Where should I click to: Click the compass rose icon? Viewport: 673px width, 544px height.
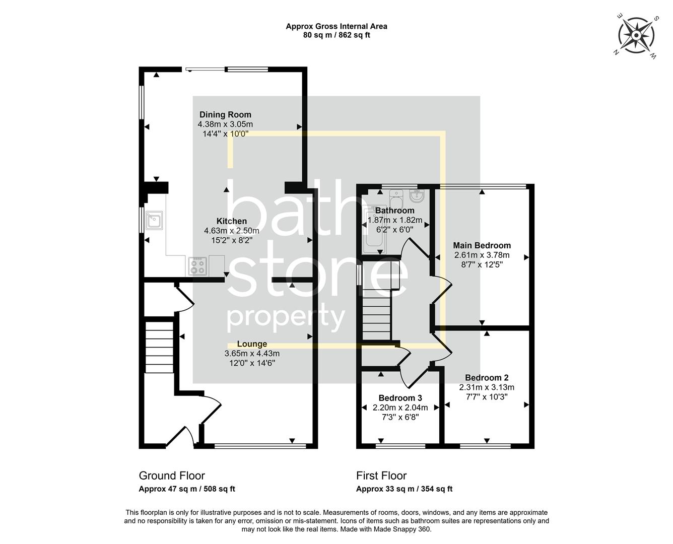click(x=636, y=36)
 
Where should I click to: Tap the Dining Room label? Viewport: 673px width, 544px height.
click(x=225, y=114)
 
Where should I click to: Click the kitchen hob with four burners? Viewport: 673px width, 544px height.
click(x=197, y=266)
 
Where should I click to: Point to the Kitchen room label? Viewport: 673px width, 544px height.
click(x=232, y=221)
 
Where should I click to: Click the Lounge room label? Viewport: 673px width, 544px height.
click(x=252, y=344)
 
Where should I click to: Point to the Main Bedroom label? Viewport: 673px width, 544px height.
click(x=482, y=246)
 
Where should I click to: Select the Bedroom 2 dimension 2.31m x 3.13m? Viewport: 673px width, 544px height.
click(x=487, y=387)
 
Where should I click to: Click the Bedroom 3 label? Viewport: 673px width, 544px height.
click(x=400, y=398)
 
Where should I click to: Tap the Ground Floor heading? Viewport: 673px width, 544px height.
click(x=172, y=475)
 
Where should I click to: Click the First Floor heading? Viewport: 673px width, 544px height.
click(x=381, y=475)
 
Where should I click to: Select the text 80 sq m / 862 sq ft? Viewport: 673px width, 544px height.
click(x=336, y=35)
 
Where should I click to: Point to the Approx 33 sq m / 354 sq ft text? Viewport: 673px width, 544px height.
click(x=405, y=489)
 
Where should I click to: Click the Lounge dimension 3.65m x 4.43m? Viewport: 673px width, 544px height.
click(x=252, y=354)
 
